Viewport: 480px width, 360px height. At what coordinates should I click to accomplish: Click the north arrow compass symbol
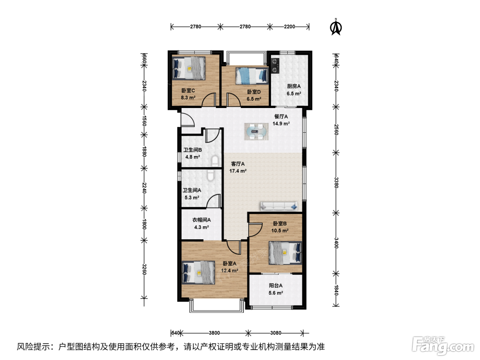click(336, 27)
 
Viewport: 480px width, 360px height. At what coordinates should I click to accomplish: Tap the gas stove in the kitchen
click(275, 65)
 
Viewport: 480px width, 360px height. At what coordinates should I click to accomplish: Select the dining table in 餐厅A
click(256, 132)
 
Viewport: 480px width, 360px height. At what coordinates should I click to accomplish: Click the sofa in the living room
click(279, 206)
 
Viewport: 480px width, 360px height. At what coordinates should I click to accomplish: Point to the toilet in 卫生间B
click(215, 161)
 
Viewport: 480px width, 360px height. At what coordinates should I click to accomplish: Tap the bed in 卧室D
click(252, 76)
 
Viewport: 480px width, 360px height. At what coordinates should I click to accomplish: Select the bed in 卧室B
click(285, 253)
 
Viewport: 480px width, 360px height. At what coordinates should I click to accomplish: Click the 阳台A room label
click(276, 286)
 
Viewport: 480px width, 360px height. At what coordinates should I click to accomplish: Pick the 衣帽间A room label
click(201, 220)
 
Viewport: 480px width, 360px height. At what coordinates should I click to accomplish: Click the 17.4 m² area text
click(238, 171)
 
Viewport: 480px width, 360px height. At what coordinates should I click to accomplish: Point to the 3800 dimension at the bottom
click(214, 333)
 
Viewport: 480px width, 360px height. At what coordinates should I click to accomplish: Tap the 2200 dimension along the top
click(289, 27)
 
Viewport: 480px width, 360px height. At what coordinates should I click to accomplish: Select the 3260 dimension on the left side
click(144, 269)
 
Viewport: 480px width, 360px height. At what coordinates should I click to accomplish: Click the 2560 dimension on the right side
click(336, 130)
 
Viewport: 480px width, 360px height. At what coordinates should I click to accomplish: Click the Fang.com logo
click(443, 346)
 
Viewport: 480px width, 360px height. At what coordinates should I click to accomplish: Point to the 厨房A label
click(294, 86)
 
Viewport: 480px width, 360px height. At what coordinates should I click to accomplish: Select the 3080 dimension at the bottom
click(276, 333)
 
